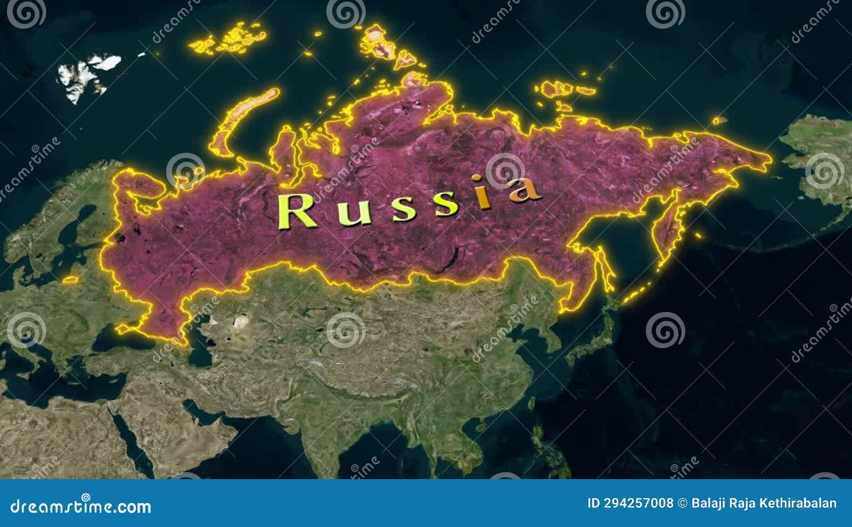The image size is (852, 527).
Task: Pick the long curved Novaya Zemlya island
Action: (242, 120)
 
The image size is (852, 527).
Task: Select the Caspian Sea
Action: (200, 346)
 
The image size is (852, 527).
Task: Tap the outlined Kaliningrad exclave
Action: (70, 279)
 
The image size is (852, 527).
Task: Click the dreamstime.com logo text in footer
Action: (81, 506)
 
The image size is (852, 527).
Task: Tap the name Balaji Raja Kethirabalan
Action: (764, 503)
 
